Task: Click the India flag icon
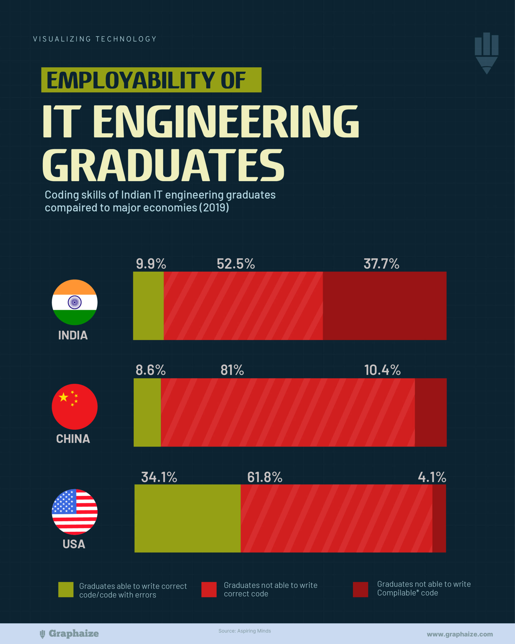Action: point(75,302)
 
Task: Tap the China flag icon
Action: point(75,407)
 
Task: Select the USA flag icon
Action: point(75,512)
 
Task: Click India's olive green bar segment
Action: point(148,306)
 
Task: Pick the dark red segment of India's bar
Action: point(384,306)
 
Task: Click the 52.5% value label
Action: point(236,264)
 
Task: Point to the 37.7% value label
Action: point(381,264)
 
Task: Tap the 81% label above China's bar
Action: point(232,370)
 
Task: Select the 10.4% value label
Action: point(382,370)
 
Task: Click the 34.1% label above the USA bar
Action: point(159,477)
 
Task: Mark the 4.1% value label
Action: point(432,477)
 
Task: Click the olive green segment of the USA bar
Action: point(188,518)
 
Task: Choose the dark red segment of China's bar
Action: point(431,413)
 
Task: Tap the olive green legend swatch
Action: point(66,590)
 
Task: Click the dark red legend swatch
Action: point(360,589)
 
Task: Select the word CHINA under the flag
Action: point(73,439)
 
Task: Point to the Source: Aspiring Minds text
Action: point(244,631)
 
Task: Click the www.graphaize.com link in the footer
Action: point(460,634)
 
